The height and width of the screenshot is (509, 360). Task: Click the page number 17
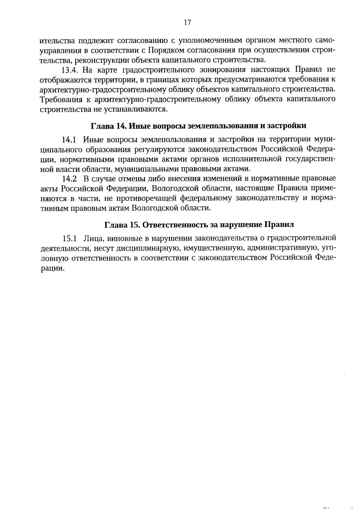tap(187, 23)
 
